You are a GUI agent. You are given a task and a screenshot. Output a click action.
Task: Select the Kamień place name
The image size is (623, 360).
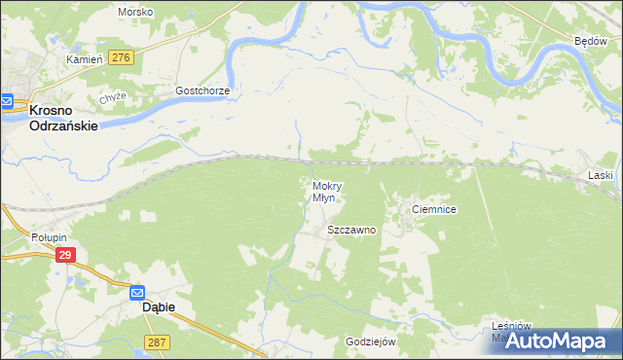tap(84, 59)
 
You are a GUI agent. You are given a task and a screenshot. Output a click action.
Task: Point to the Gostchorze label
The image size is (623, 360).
tap(202, 90)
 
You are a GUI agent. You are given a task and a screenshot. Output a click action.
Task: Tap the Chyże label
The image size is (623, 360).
tap(113, 98)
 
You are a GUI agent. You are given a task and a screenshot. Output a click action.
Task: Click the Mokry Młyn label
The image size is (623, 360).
tap(326, 191)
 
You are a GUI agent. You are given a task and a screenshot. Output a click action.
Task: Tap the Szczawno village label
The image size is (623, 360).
tap(351, 231)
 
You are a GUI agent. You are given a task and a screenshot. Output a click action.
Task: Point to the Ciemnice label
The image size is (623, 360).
tap(434, 209)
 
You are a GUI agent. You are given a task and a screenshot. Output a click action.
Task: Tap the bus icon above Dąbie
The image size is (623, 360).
tap(139, 291)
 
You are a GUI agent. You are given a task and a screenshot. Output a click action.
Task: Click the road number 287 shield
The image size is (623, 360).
tap(157, 342)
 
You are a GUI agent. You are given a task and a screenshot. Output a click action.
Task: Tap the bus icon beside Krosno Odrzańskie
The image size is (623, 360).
tap(6, 101)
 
